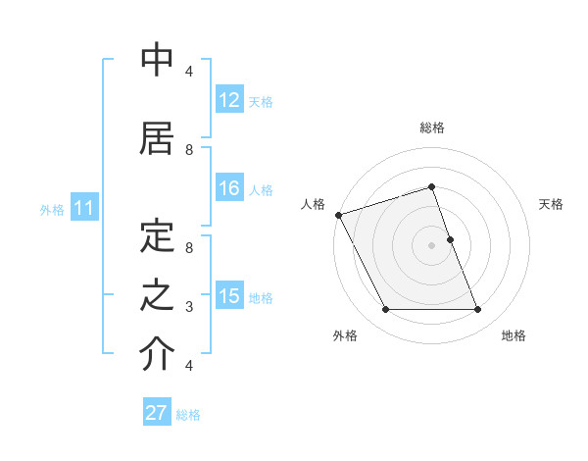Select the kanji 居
[157, 139]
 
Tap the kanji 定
[157, 236]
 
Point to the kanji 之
[157, 295]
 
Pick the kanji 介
[157, 354]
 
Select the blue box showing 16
[229, 189]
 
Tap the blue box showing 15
[229, 296]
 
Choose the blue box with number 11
[83, 209]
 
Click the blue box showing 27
[157, 413]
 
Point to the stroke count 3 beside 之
[189, 307]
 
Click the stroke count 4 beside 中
[189, 72]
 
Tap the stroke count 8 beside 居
[189, 150]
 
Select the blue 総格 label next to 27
[188, 414]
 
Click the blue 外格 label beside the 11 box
[52, 210]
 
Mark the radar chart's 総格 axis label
[431, 128]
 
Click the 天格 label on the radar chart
[552, 204]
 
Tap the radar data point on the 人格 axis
[338, 215]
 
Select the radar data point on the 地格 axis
[478, 310]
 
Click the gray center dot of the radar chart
[431, 245]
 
